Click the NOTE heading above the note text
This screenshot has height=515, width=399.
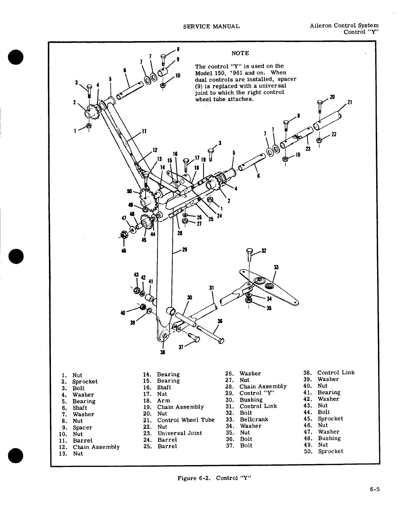(240, 53)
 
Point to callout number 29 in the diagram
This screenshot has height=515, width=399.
(184, 250)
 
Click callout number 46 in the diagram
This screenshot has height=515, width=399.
(124, 251)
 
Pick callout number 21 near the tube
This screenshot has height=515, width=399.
(349, 102)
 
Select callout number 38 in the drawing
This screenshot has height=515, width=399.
(163, 352)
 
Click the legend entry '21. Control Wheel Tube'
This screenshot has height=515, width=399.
(179, 420)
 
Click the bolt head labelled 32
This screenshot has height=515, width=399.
(250, 251)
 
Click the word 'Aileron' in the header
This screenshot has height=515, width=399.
(321, 25)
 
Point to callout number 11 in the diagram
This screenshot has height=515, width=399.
(144, 132)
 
